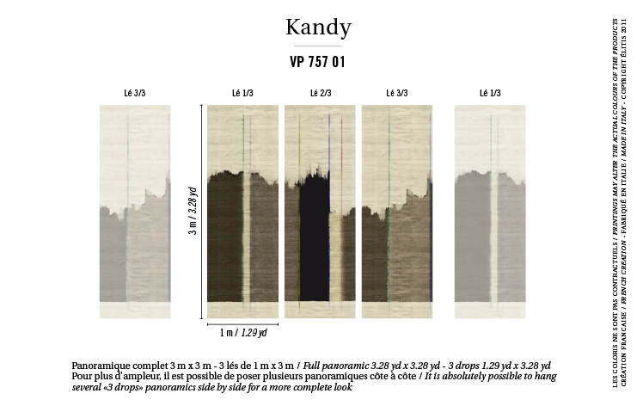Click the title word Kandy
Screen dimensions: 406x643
coord(318,28)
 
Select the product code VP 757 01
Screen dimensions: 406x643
coord(318,62)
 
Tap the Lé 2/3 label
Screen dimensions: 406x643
coord(320,93)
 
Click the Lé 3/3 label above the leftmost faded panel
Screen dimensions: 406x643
coord(134,93)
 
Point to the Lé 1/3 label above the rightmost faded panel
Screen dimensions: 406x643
coord(489,93)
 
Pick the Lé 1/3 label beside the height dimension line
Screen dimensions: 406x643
coord(242,93)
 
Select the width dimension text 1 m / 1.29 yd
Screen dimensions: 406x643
coord(243,332)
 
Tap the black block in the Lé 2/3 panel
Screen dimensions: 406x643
coord(313,232)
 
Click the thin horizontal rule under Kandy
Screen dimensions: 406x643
coord(318,46)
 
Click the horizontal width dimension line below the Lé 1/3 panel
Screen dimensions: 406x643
coord(242,323)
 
